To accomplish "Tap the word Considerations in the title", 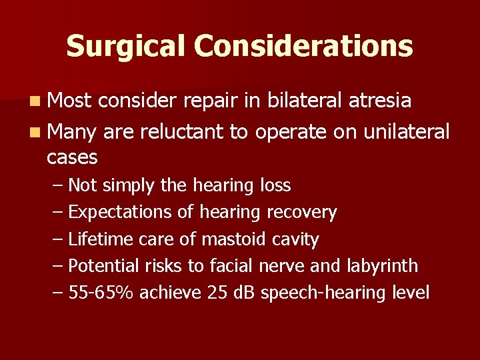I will tap(303, 46).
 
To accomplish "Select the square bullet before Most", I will tap(34, 101).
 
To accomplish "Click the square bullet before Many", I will tap(34, 131).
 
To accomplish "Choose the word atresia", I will tap(383, 101).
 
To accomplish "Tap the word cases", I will tap(72, 158).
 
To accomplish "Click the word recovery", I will tap(301, 213).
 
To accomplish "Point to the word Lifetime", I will tap(99, 239).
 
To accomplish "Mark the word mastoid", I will tap(233, 239).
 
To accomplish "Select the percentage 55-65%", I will tap(103, 293).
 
